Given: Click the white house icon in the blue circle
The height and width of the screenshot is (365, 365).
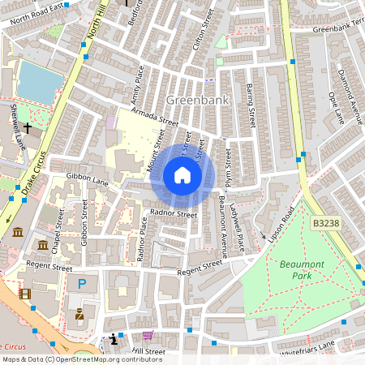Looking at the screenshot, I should point(182,175).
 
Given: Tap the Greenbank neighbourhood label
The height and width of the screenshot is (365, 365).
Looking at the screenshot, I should point(197,100).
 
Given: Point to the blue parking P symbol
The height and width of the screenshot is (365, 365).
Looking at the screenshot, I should point(81,284).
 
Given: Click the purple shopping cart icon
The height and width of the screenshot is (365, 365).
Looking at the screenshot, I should point(148,336).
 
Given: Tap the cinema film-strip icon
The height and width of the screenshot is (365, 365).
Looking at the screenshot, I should point(25,294).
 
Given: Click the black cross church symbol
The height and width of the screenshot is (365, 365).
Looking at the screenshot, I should point(27,128).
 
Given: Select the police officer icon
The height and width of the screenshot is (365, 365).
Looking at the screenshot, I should point(79,314).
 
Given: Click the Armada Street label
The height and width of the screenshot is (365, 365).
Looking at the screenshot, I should point(156,118).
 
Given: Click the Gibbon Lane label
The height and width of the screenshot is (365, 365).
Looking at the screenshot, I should point(88,178).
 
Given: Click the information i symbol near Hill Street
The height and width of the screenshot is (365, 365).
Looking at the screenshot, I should point(112,338).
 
